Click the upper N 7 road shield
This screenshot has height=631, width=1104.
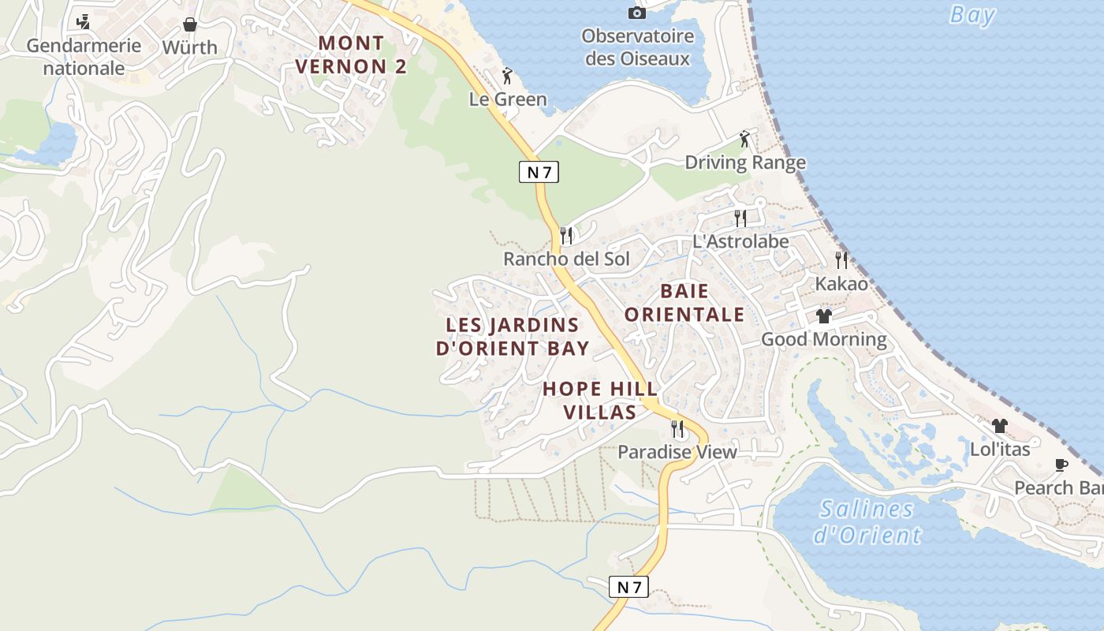tap(539, 172)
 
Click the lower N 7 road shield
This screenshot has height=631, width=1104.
tap(628, 587)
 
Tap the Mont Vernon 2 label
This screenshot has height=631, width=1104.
tap(352, 55)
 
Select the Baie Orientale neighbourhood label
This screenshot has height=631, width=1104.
tap(684, 303)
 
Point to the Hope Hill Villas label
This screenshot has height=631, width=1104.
tap(601, 400)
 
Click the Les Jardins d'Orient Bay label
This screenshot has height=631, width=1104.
tap(513, 336)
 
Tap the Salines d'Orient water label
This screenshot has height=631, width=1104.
tap(867, 521)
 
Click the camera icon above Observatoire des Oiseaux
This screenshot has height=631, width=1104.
tap(636, 13)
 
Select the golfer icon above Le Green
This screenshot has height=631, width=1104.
tap(508, 77)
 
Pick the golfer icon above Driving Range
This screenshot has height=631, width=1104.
tap(744, 140)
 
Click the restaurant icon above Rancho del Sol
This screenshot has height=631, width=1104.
tap(565, 235)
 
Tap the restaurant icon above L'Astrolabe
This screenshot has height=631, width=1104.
tap(740, 218)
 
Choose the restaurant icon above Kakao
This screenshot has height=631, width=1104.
tap(841, 260)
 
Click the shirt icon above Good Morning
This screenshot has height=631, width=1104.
tap(824, 316)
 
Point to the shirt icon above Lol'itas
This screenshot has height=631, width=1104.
tap(1000, 426)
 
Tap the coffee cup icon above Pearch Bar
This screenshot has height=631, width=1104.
tap(1061, 465)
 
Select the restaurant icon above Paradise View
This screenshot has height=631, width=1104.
tap(677, 428)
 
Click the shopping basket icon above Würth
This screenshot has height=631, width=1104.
tap(189, 24)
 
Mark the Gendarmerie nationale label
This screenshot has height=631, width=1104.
tap(84, 57)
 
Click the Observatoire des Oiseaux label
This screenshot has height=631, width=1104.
tap(637, 47)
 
